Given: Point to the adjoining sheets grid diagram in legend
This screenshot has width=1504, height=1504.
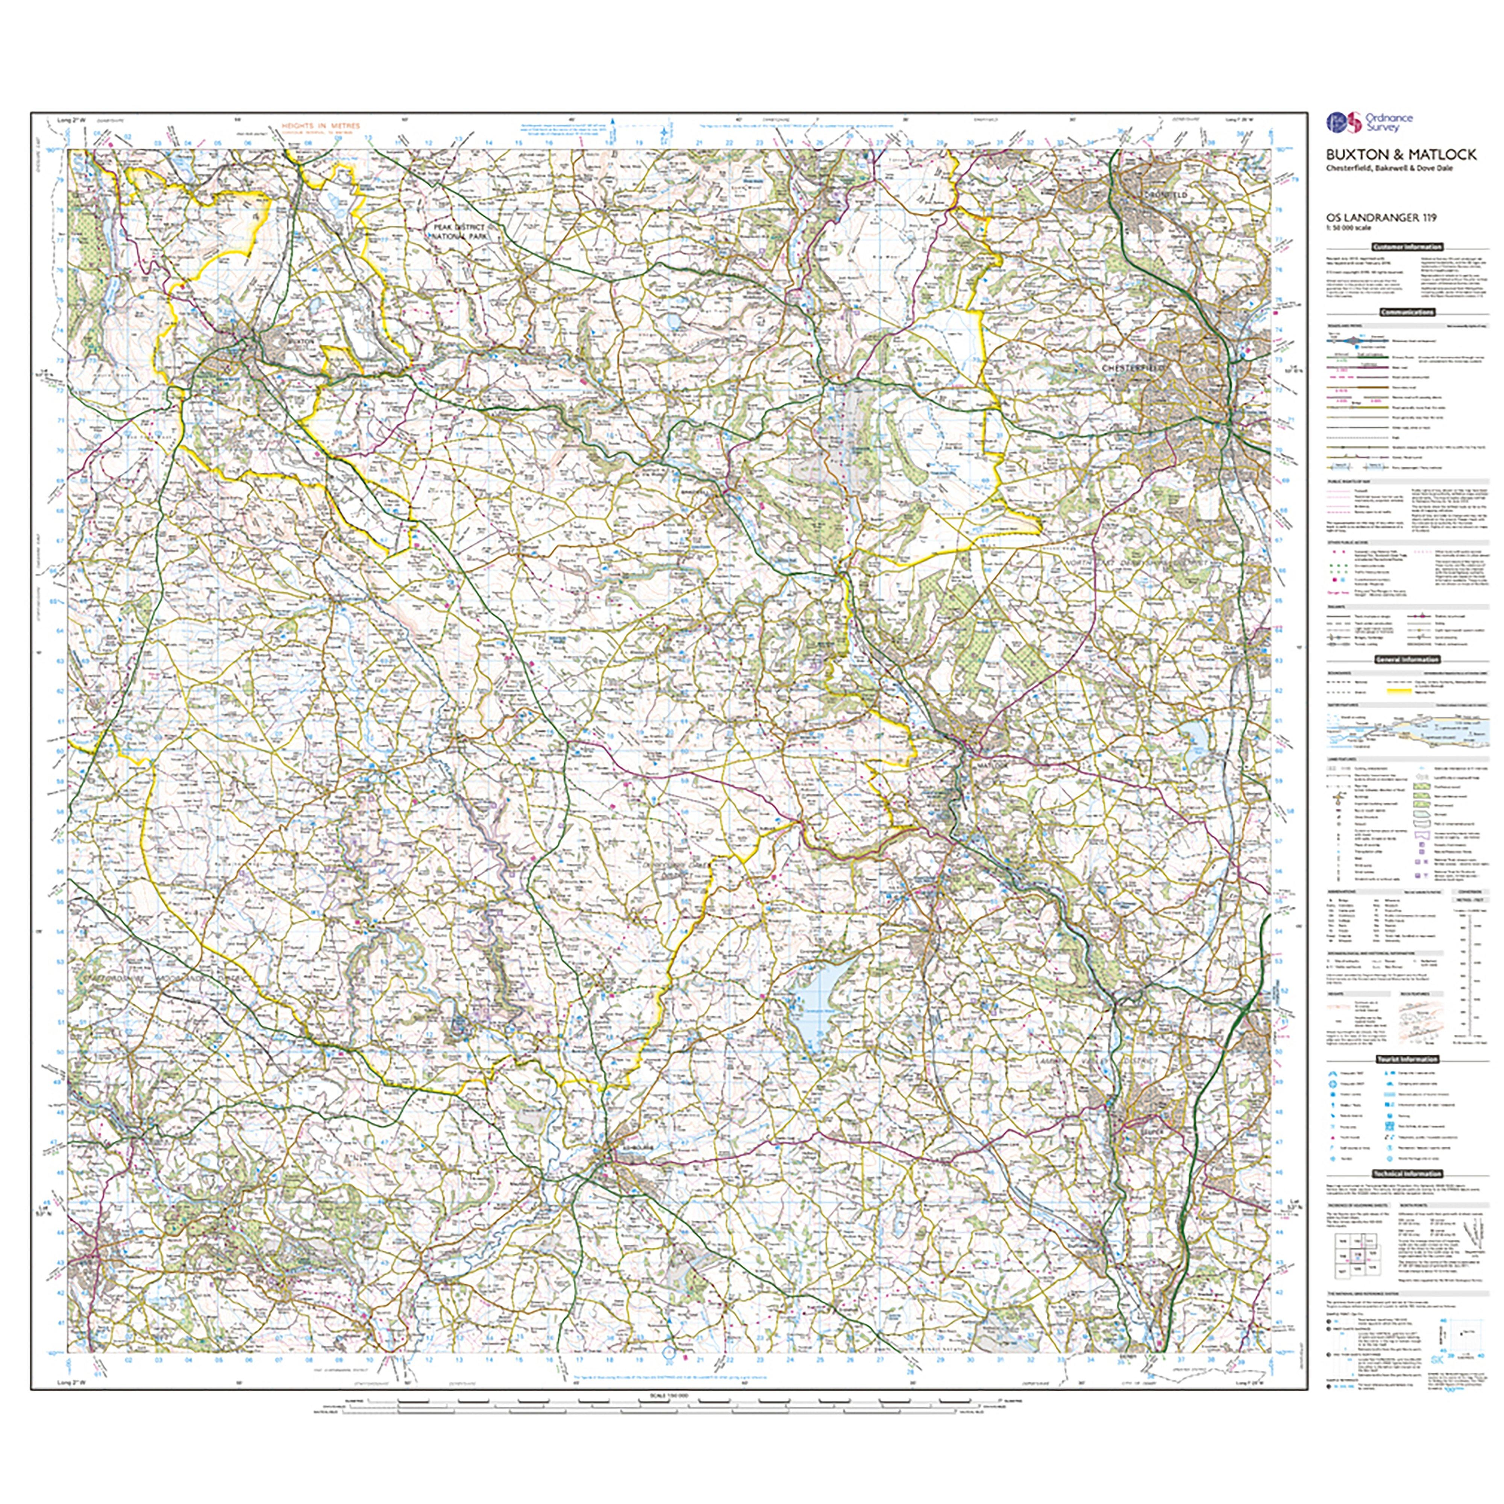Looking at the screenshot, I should [1354, 1277].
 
